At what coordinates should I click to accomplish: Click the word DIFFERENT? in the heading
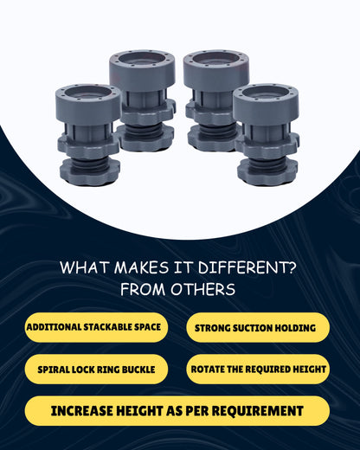[x=247, y=267]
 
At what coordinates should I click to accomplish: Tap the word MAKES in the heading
[x=141, y=267]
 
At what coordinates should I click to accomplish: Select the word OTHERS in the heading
[x=202, y=289]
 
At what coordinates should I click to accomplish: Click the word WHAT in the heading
[x=85, y=267]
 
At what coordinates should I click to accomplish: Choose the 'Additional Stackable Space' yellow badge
[x=96, y=327]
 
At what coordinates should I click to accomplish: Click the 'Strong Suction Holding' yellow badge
[x=258, y=328]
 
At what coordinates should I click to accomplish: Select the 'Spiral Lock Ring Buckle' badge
[x=96, y=370]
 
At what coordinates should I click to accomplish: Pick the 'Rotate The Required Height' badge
[x=258, y=370]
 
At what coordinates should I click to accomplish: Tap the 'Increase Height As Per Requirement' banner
[x=177, y=411]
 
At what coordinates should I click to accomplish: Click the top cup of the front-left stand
[x=87, y=103]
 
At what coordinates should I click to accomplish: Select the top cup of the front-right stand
[x=266, y=103]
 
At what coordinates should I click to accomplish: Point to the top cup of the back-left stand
[x=142, y=70]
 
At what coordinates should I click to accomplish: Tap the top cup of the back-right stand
[x=216, y=70]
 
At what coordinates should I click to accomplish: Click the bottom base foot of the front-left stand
[x=89, y=171]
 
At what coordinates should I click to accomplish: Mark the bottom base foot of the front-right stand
[x=267, y=172]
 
